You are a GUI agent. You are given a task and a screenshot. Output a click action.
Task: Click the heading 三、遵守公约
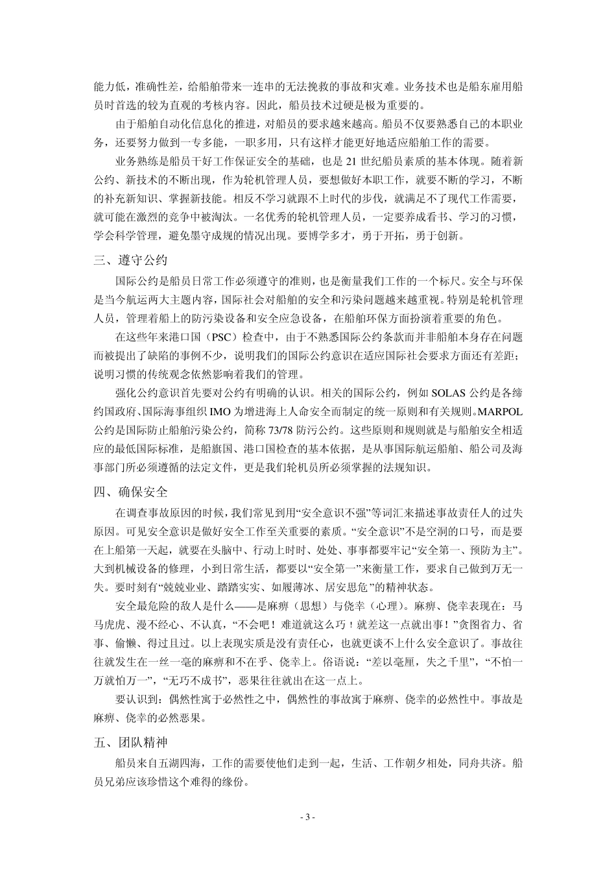130,261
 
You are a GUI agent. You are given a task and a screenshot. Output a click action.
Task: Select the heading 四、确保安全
130,491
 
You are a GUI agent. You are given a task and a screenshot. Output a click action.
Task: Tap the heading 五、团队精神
130,742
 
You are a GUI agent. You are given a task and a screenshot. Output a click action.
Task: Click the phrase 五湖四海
177,764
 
